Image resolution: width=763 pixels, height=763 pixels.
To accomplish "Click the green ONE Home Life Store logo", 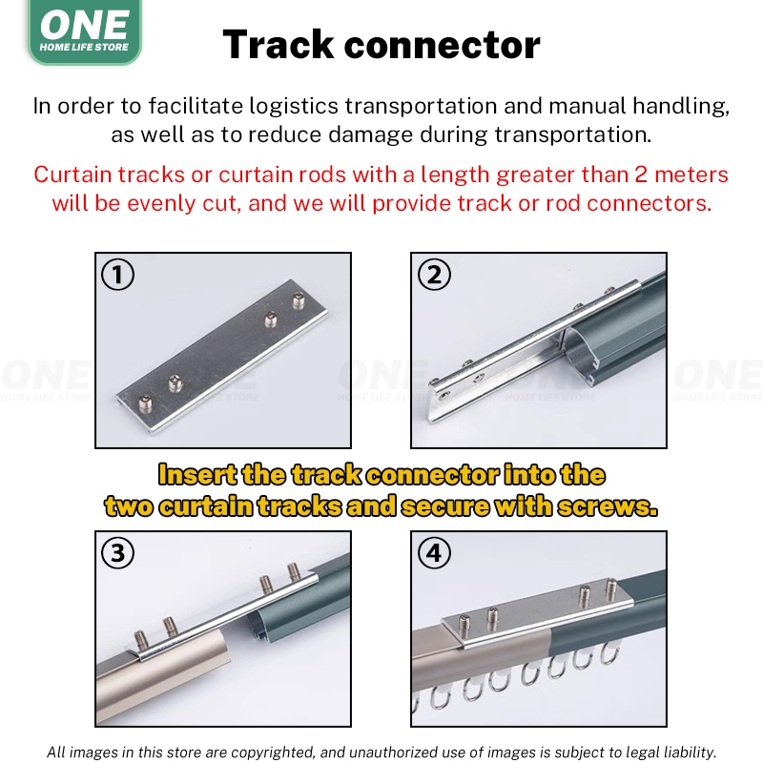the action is [x=85, y=31].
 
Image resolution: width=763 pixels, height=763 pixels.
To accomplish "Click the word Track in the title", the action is [x=278, y=45].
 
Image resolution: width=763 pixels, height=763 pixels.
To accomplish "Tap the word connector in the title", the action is [x=443, y=46].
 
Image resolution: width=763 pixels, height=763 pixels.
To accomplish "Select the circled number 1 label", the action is [x=117, y=275].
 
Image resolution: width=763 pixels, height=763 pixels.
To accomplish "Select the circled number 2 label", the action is [x=434, y=275].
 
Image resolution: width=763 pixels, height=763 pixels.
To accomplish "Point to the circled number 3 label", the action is [x=117, y=553].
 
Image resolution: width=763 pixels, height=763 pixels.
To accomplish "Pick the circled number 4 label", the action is [x=434, y=553].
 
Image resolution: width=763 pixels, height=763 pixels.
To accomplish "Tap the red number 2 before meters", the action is [x=641, y=175].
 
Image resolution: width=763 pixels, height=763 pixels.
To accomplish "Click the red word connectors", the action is [x=650, y=203].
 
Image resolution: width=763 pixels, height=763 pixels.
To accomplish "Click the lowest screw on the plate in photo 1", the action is [x=146, y=402].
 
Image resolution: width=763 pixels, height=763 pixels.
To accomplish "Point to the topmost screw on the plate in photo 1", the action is [x=299, y=300].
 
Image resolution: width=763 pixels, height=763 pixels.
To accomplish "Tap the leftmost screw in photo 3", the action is [x=141, y=640].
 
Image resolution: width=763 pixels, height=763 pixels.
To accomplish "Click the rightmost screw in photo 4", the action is [x=610, y=589].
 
